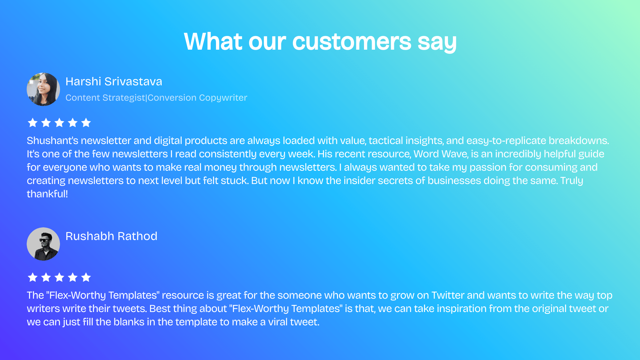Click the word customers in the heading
352,42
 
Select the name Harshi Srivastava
114,81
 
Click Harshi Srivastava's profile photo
43,89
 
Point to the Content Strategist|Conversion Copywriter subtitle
156,98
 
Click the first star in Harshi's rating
33,123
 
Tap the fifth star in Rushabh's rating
86,277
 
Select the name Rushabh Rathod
111,236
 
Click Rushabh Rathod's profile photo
43,244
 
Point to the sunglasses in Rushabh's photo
44,240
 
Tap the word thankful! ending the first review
47,194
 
